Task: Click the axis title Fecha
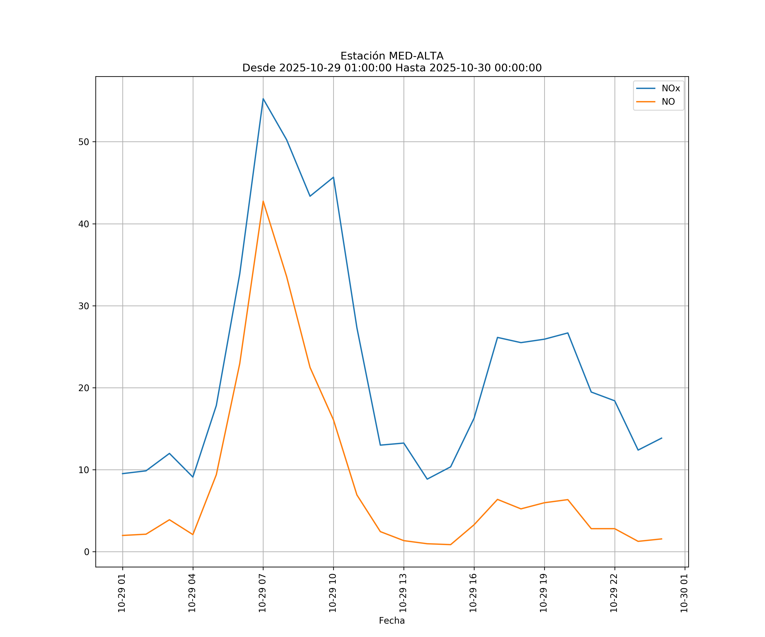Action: [x=392, y=621]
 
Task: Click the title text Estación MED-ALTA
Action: [x=392, y=56]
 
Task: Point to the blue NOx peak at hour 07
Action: [x=263, y=99]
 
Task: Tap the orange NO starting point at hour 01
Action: [x=123, y=536]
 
